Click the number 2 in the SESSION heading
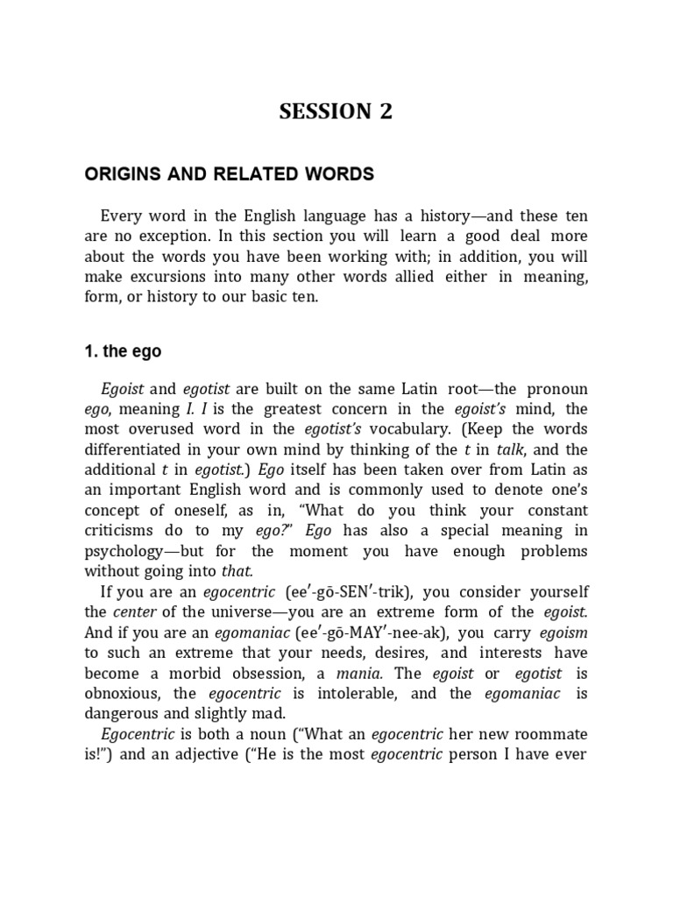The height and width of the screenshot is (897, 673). tap(384, 111)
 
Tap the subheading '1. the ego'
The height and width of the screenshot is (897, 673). tap(123, 352)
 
